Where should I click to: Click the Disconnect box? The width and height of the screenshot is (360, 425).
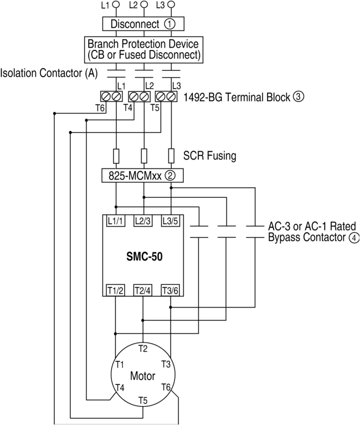tap(143, 24)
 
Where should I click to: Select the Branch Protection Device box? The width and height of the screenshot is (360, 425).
tap(143, 49)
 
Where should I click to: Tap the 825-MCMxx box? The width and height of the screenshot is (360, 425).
tap(143, 176)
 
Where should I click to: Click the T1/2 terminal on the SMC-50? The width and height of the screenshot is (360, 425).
tap(116, 290)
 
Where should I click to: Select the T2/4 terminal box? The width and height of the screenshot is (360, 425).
tap(143, 290)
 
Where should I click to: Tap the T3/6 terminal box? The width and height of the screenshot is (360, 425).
tap(171, 290)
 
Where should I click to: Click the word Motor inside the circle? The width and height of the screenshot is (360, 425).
tap(142, 376)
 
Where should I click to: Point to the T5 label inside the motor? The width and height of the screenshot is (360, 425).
tap(143, 400)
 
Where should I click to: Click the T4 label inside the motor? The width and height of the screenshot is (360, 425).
tap(119, 387)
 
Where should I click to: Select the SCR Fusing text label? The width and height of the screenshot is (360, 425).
tap(209, 156)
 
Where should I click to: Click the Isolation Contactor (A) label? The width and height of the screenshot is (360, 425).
tap(49, 73)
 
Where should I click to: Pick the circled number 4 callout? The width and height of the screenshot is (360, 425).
tap(354, 238)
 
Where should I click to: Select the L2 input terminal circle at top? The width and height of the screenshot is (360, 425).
tap(143, 4)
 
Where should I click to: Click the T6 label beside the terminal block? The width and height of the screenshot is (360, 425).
tap(100, 108)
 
